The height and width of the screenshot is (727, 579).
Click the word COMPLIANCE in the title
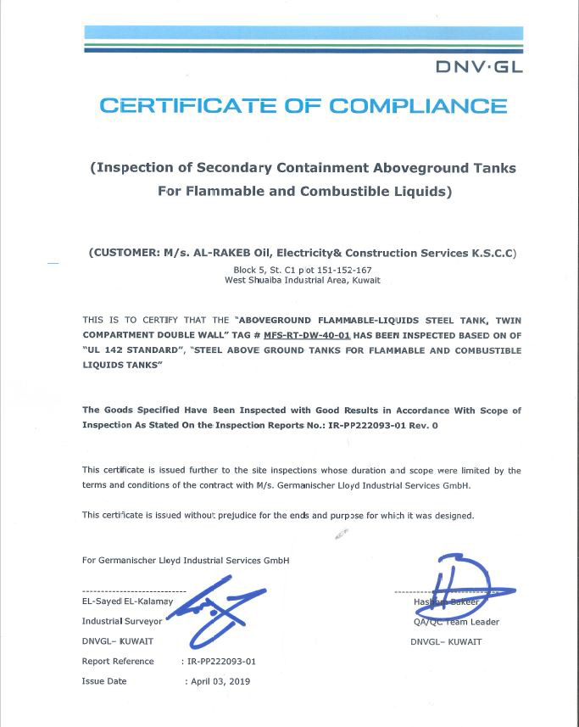[x=417, y=106]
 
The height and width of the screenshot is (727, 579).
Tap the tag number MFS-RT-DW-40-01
[x=306, y=335]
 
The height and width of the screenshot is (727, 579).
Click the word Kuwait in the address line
[x=365, y=280]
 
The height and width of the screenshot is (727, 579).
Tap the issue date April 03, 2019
[x=220, y=681]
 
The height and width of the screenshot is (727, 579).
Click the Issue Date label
[x=104, y=681]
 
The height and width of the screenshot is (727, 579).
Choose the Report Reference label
[x=118, y=661]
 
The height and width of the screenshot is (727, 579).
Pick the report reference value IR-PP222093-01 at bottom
[x=221, y=661]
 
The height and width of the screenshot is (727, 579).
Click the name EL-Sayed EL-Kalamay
[x=127, y=601]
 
